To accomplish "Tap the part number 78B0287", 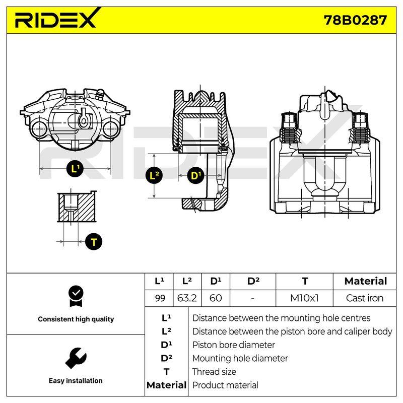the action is [355, 20].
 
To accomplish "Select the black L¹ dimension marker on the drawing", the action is [75, 169].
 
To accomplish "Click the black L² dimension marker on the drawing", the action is [154, 175].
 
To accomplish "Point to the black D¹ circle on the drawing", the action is [195, 175].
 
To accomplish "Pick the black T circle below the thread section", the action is [94, 242].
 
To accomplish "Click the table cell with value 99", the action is [160, 298].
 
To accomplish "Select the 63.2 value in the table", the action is [187, 298].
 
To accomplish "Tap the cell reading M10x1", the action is [304, 298].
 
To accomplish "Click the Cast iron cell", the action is [364, 298].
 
